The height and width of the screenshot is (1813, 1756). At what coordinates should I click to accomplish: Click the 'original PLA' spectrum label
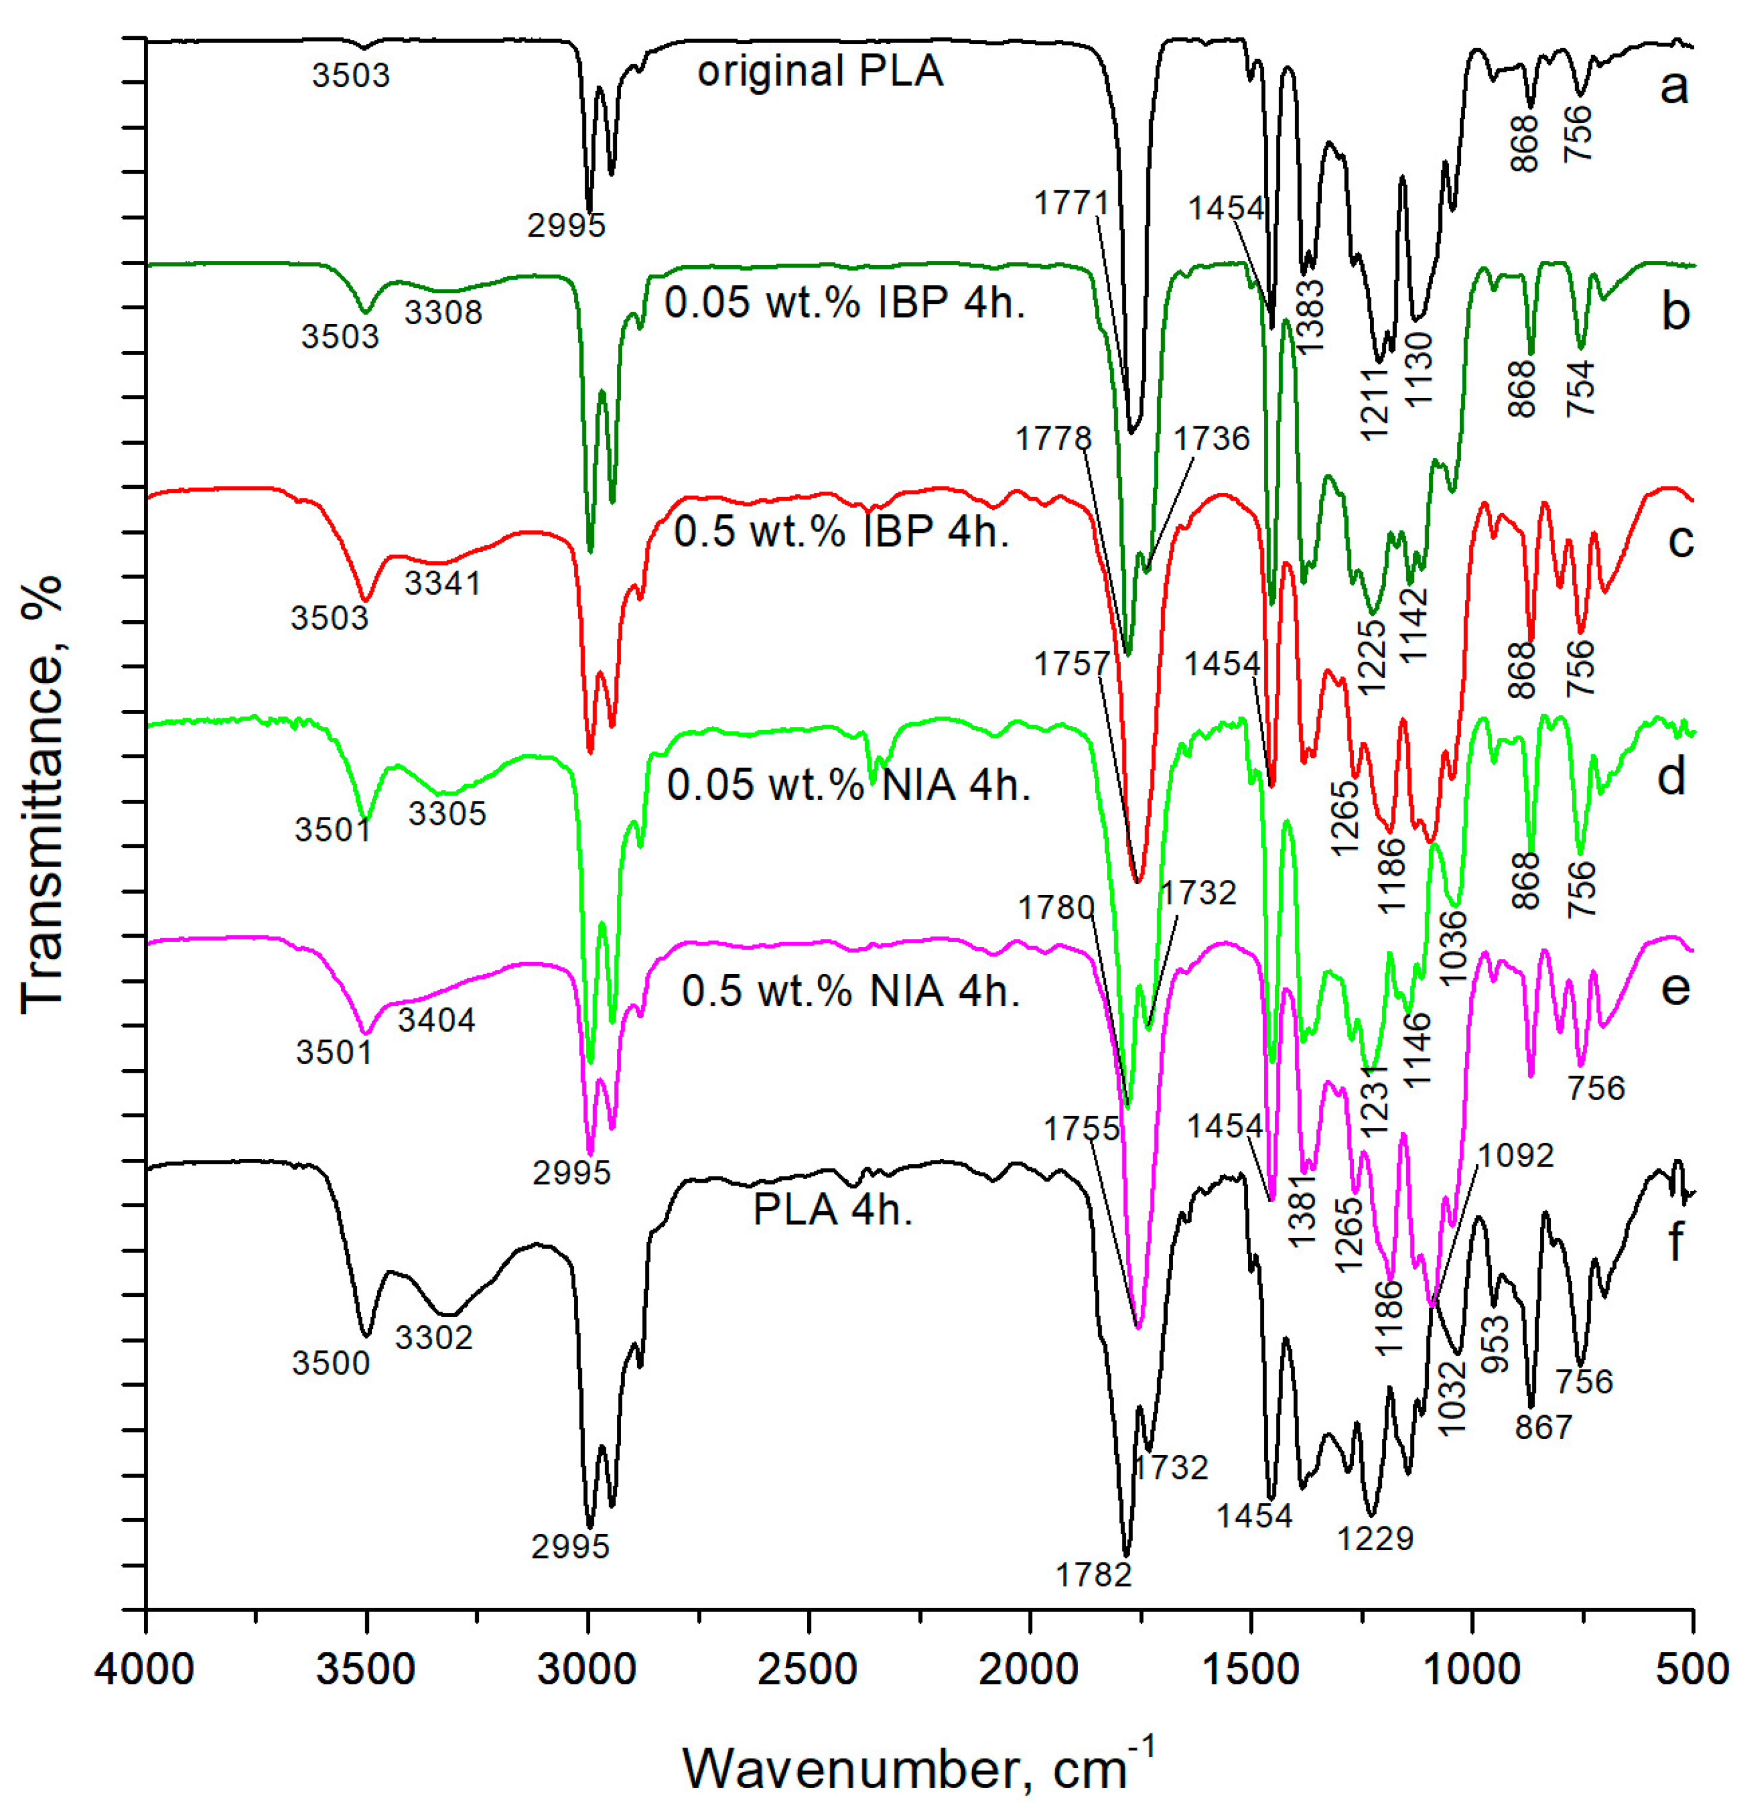(820, 72)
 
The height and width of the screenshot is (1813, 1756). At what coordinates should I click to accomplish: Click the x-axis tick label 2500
(808, 1670)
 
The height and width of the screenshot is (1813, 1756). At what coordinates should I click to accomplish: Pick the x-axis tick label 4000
(145, 1670)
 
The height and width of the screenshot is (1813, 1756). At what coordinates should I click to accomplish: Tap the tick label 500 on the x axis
(1691, 1670)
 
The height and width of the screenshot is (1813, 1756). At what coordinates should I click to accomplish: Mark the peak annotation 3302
(434, 1337)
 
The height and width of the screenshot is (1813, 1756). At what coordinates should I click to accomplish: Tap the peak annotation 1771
(1071, 203)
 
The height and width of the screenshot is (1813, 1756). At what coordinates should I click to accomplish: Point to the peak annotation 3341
(442, 583)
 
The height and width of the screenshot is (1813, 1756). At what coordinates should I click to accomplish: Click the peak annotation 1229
(1375, 1537)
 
